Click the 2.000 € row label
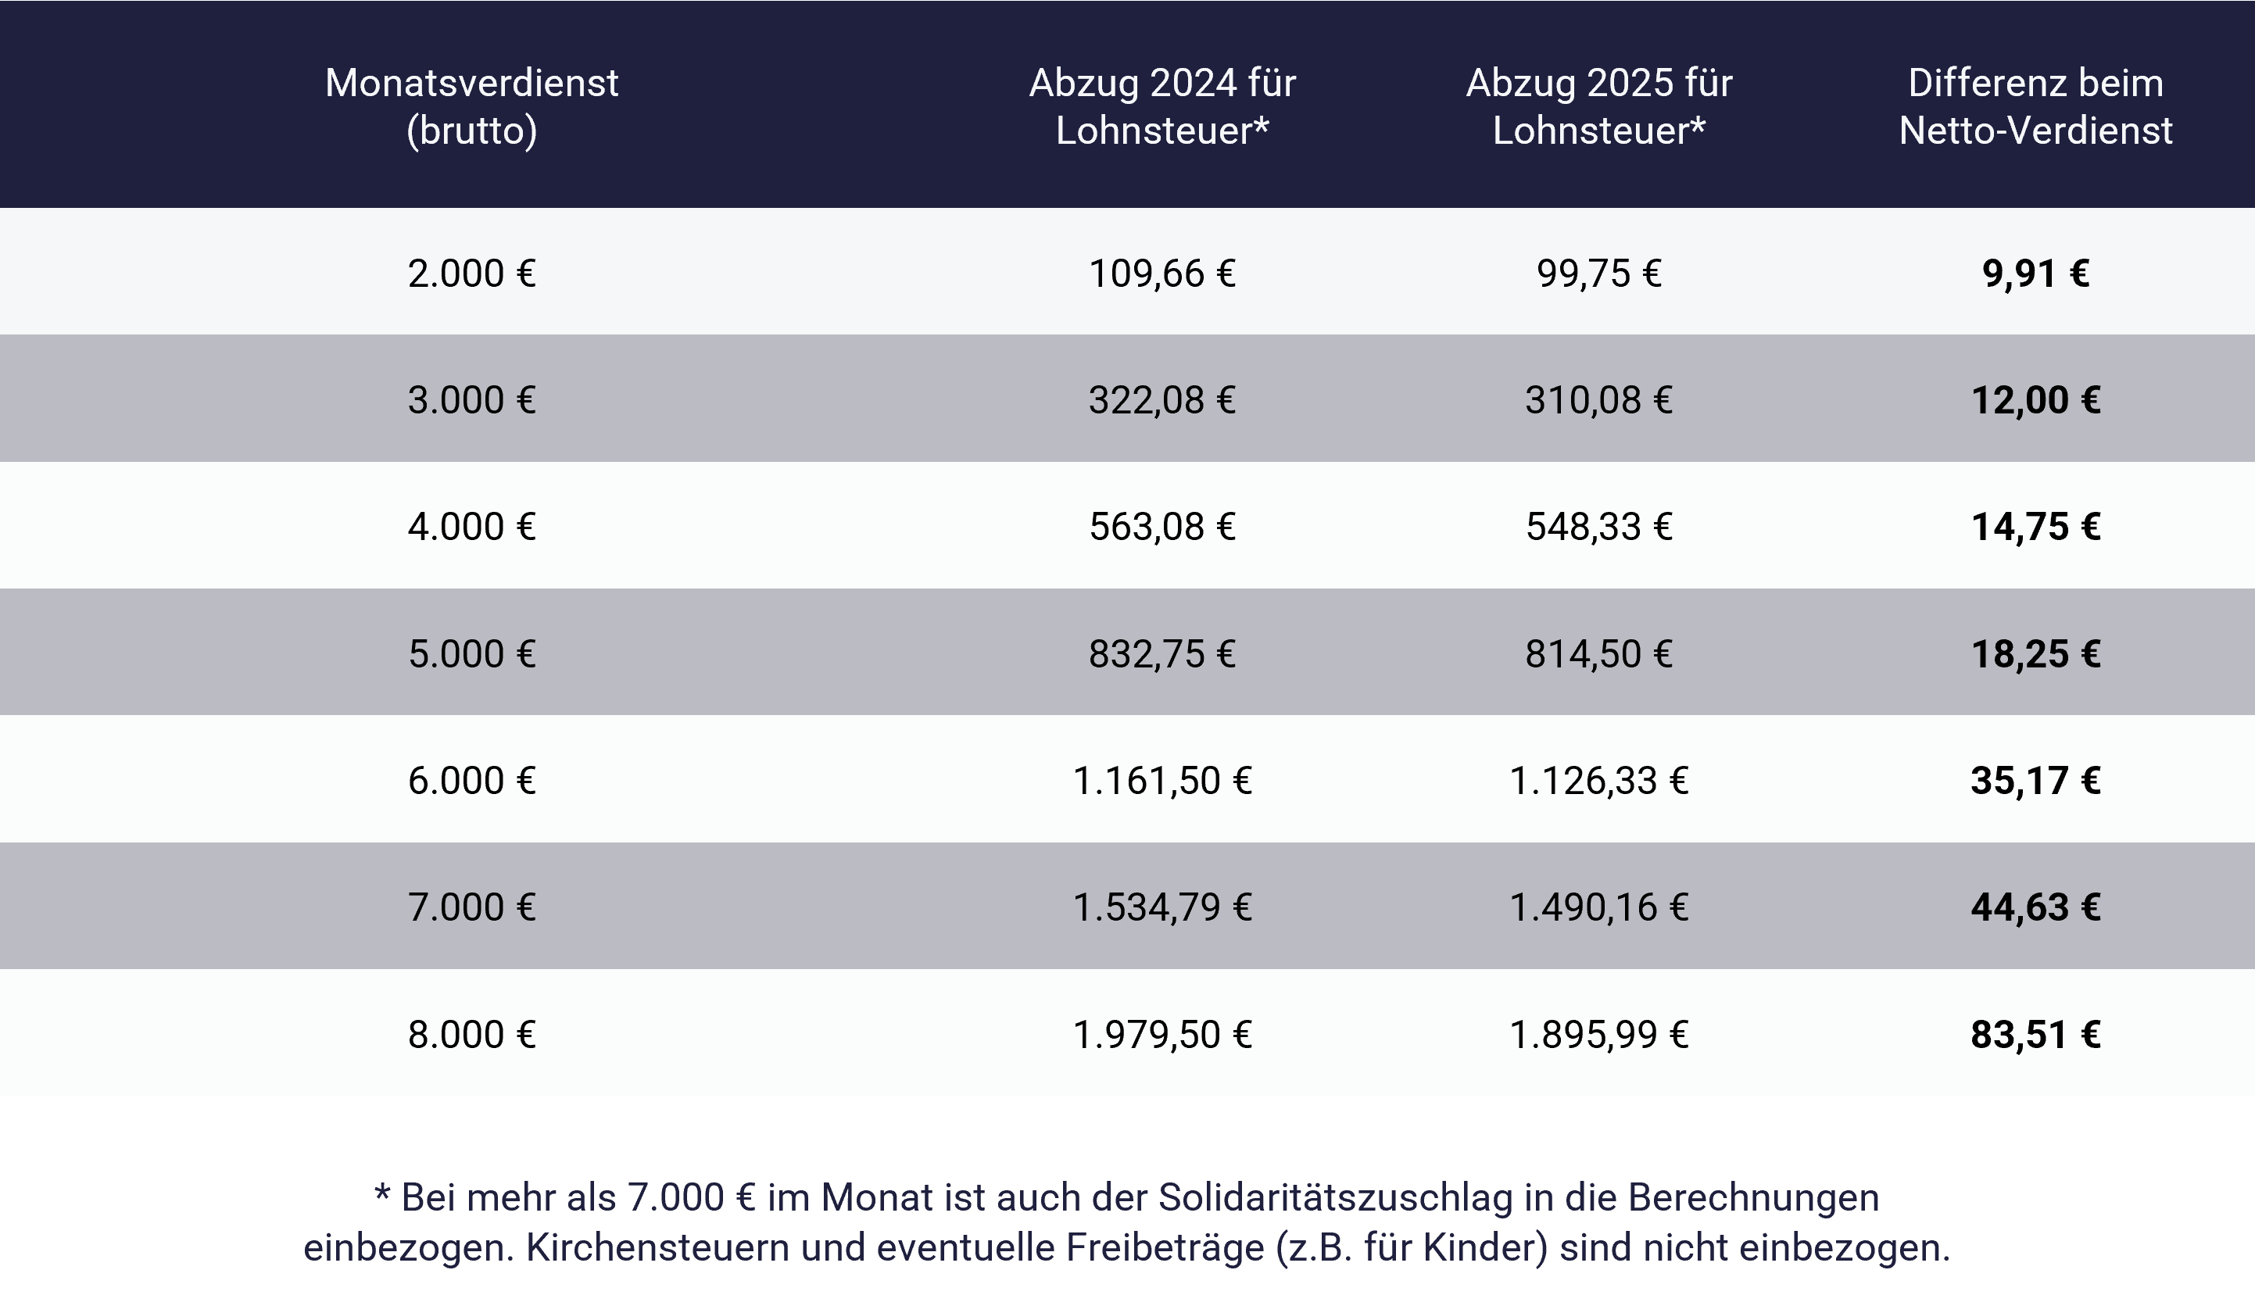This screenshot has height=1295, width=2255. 471,273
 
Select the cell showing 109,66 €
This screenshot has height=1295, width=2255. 1162,273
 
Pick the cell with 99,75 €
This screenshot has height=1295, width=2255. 1598,273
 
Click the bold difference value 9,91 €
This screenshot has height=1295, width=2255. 2035,273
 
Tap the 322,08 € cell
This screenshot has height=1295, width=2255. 1162,400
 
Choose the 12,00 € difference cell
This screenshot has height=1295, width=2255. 2035,400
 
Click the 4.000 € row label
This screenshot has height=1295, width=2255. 471,527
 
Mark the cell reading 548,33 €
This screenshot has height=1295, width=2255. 1598,527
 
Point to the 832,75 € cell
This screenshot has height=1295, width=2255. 1162,653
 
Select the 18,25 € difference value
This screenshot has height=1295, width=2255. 2035,653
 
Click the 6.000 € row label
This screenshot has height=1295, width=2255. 471,781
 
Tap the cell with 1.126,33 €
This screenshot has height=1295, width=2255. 1598,781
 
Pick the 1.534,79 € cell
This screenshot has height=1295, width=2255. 1162,907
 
